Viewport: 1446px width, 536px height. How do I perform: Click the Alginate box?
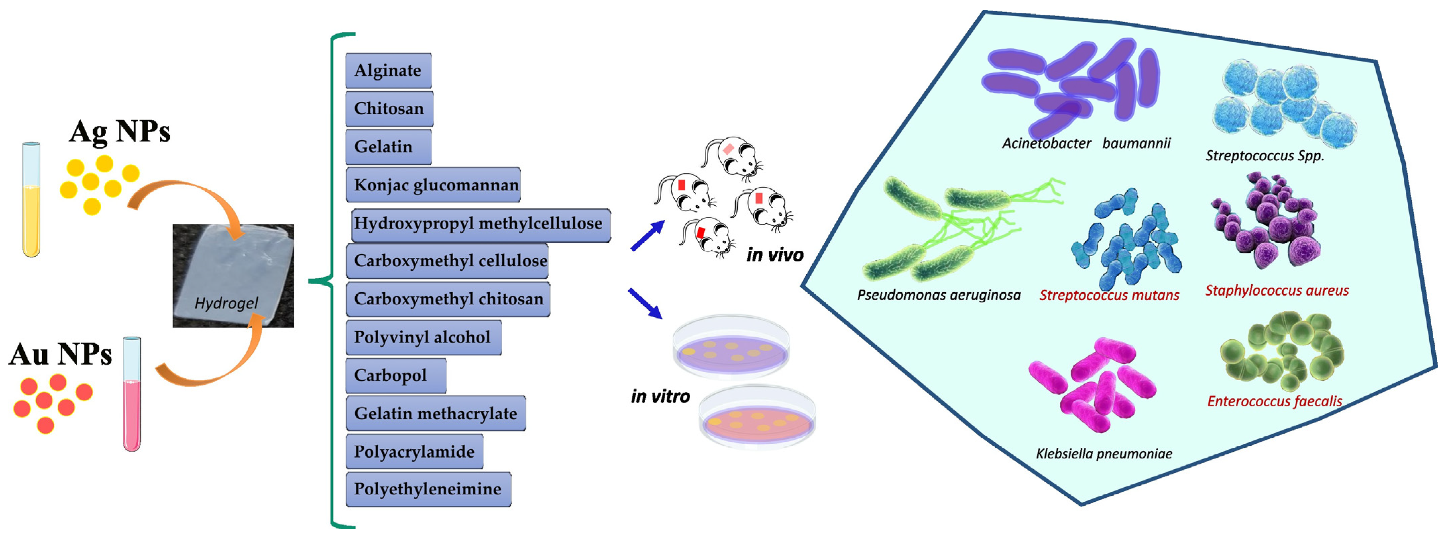coord(388,71)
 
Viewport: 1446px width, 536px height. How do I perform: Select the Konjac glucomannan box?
coord(433,185)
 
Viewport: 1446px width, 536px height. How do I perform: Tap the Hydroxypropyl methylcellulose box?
coord(480,224)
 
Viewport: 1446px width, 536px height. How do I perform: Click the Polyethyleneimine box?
coord(428,489)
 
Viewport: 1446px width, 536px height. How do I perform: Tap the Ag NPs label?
coord(119,132)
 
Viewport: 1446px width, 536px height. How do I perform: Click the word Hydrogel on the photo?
coord(226,303)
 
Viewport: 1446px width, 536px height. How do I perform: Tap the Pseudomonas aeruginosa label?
coord(938,295)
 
